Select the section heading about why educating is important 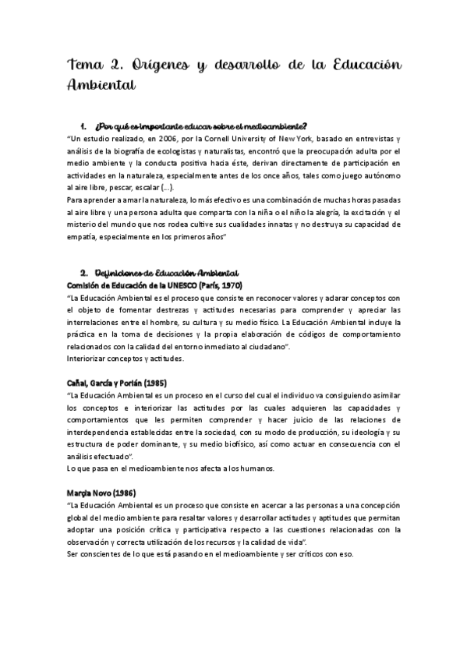(x=200, y=126)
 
